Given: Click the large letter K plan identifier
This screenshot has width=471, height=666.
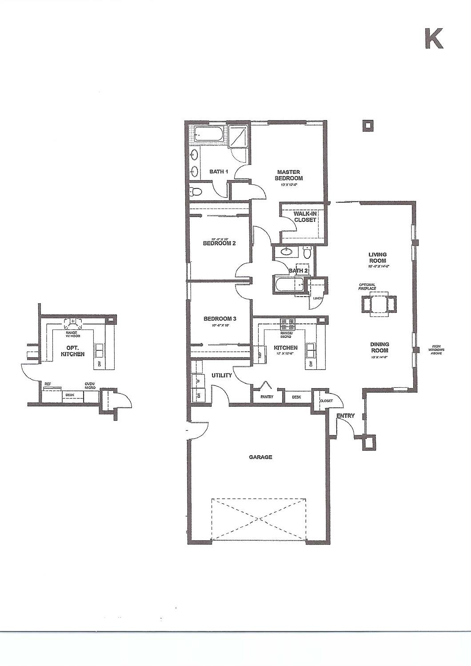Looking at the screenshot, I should (434, 39).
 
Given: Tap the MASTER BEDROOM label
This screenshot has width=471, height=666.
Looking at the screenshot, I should (289, 175).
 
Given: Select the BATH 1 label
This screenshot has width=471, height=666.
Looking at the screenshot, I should (219, 172).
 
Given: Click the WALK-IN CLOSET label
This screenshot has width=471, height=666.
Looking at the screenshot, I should (305, 217).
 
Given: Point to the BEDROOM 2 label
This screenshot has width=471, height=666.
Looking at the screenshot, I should (219, 243).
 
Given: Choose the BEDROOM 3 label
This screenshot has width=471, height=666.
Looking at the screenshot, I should (220, 319).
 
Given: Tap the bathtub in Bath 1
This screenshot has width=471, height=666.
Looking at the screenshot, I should (210, 133).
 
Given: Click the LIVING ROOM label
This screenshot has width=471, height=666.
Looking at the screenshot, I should (377, 258).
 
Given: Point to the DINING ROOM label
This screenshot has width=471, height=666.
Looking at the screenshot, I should (379, 347).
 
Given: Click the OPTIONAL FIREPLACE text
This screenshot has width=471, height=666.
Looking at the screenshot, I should (367, 287).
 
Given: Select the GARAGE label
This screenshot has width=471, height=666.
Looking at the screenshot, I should (260, 457).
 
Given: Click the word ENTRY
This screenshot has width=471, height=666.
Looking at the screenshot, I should (346, 416).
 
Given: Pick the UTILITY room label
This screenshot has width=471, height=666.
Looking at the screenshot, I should (222, 375).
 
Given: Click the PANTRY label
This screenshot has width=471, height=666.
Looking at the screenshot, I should (267, 397).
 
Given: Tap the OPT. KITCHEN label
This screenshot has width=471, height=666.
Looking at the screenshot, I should (72, 351).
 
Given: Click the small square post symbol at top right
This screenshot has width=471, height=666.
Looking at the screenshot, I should (367, 126).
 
